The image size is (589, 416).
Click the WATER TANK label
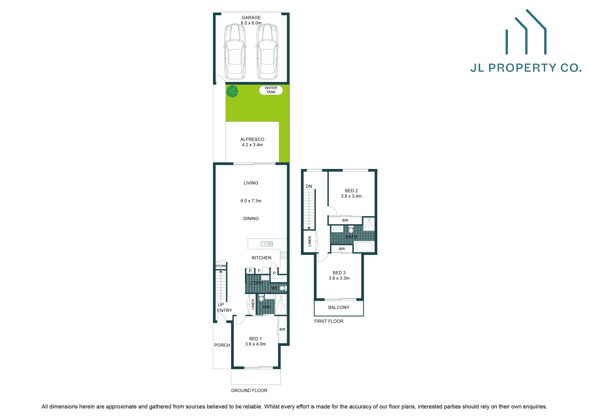[x=271, y=90]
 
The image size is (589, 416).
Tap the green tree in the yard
[x=232, y=91]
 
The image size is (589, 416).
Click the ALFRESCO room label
[x=252, y=139]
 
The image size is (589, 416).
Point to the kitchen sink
[x=266, y=244]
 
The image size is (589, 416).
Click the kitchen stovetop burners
[x=283, y=255]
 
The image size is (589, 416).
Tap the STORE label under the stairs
[x=221, y=266]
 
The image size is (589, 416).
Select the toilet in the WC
[x=282, y=288]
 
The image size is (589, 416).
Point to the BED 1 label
[x=256, y=339]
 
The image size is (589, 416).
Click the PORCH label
[x=222, y=345]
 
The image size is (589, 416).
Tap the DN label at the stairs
[x=309, y=186]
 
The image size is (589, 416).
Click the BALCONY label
[x=339, y=307]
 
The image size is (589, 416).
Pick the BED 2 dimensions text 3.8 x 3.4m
[x=351, y=196]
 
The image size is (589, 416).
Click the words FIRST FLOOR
[x=329, y=321]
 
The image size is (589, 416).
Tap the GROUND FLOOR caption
[x=249, y=390]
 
